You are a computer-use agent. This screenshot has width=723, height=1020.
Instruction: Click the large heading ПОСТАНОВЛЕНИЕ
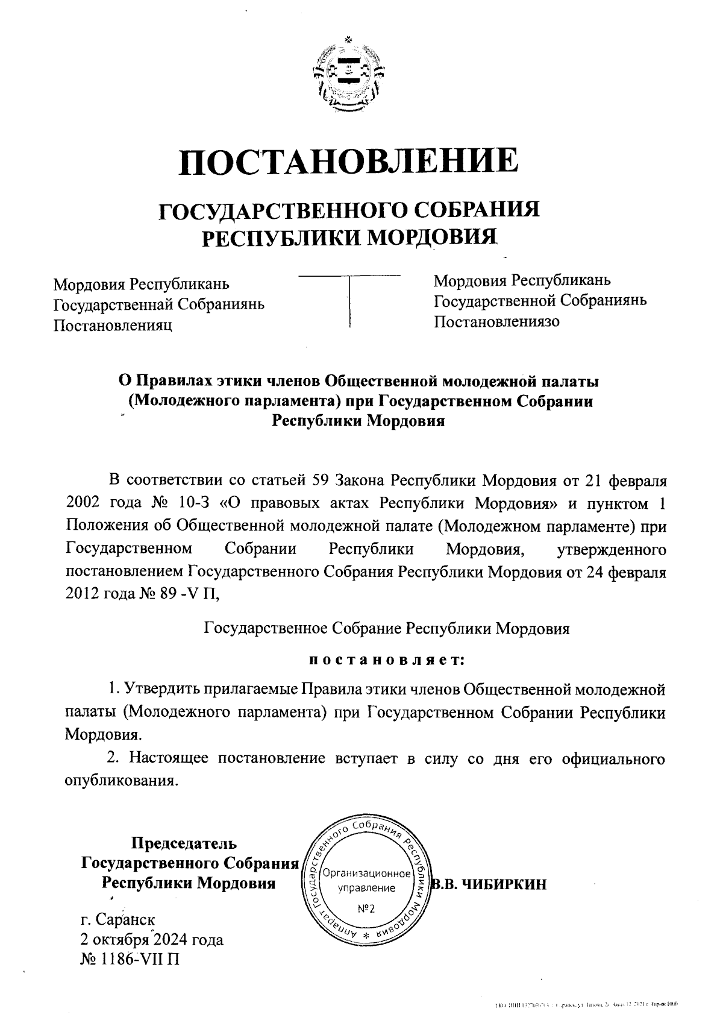[349, 160]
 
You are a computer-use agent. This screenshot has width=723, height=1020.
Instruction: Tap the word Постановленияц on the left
[113, 325]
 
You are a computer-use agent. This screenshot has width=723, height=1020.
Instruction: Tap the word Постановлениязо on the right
[496, 321]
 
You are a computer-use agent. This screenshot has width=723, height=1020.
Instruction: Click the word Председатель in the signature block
[184, 843]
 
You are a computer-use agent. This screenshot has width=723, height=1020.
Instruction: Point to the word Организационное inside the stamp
[366, 874]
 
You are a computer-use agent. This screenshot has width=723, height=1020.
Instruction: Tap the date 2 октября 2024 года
[151, 939]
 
